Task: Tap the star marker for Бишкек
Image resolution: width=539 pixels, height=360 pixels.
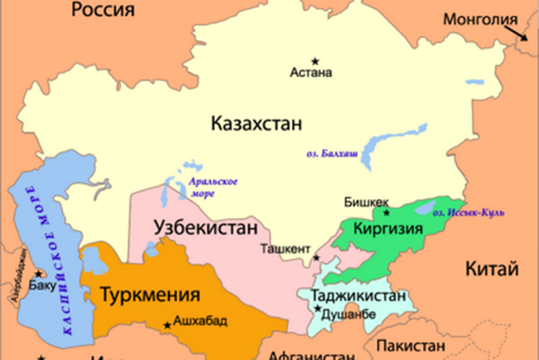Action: pyautogui.click(x=387, y=214)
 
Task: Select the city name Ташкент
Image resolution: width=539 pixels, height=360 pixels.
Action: pyautogui.click(x=285, y=250)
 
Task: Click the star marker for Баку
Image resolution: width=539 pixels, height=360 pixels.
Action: pyautogui.click(x=38, y=273)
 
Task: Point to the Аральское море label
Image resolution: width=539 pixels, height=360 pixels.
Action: pyautogui.click(x=212, y=188)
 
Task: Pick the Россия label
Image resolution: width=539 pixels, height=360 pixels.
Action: pyautogui.click(x=102, y=10)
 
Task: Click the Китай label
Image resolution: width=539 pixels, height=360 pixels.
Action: pyautogui.click(x=494, y=268)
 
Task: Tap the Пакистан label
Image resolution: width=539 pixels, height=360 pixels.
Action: pyautogui.click(x=411, y=346)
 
